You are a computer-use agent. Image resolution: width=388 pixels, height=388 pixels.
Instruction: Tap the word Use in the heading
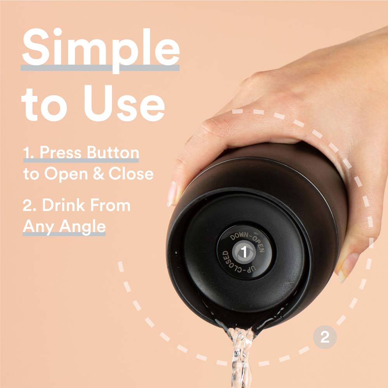tap(124, 103)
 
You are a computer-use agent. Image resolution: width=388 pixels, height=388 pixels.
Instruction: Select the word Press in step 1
tap(61, 152)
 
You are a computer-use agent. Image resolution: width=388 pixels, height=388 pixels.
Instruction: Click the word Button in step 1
tap(113, 152)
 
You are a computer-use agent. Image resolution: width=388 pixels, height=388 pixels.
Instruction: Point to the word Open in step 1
tap(66, 174)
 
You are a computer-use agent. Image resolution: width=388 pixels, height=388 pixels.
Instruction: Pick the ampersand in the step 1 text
tap(98, 173)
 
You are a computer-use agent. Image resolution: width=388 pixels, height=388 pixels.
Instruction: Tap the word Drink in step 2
tap(63, 205)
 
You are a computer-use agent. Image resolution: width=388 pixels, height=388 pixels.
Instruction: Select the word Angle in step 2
tap(82, 227)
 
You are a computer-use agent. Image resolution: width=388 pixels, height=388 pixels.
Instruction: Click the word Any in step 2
tap(38, 227)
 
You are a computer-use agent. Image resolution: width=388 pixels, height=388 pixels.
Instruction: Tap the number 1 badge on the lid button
tap(244, 252)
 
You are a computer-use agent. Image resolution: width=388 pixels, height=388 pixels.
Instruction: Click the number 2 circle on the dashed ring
tap(325, 337)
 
